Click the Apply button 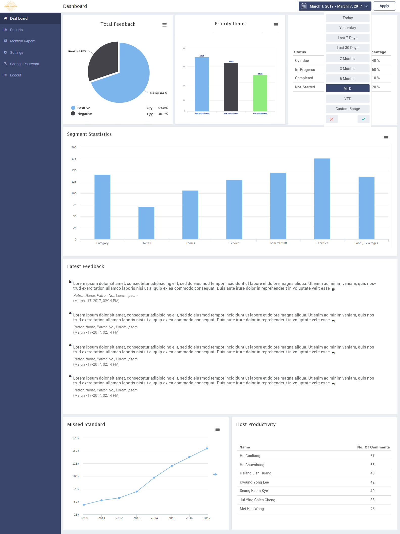point(384,6)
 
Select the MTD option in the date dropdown point(347,89)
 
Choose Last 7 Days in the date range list point(347,38)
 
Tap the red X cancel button point(332,119)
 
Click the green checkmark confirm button point(363,119)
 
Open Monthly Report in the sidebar point(22,41)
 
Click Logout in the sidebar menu point(16,75)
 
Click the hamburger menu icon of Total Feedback point(164,25)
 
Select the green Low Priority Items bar point(260,93)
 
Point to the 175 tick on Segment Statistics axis point(74,159)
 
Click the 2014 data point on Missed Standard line point(154,477)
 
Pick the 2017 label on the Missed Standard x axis point(207,518)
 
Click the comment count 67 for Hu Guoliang point(372,456)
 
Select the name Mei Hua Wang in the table point(252,509)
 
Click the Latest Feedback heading point(86,266)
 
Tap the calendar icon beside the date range point(304,6)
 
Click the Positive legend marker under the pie point(73,108)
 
